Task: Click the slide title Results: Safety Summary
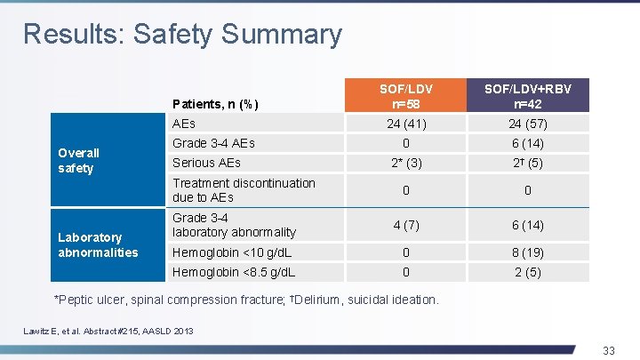[x=182, y=34]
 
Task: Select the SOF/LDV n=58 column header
[x=405, y=96]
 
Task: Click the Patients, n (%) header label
[x=215, y=104]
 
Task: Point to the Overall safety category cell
[x=79, y=160]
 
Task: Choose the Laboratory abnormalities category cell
[x=97, y=244]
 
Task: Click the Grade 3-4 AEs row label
[x=213, y=143]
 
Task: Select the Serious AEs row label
[x=206, y=163]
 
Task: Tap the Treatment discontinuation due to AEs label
[x=244, y=190]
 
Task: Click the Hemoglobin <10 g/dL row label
[x=234, y=252]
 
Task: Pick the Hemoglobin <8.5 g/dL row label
[x=234, y=272]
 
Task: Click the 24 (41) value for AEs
[x=405, y=124]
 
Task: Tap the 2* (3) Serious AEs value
[x=405, y=164]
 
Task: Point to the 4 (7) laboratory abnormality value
[x=405, y=225]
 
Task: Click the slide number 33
[x=608, y=350]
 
